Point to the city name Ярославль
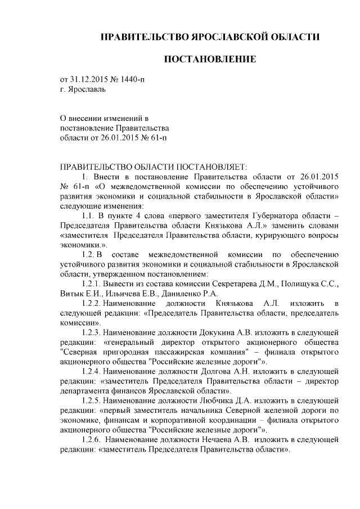[x=85, y=89]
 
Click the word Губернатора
[x=267, y=215]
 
